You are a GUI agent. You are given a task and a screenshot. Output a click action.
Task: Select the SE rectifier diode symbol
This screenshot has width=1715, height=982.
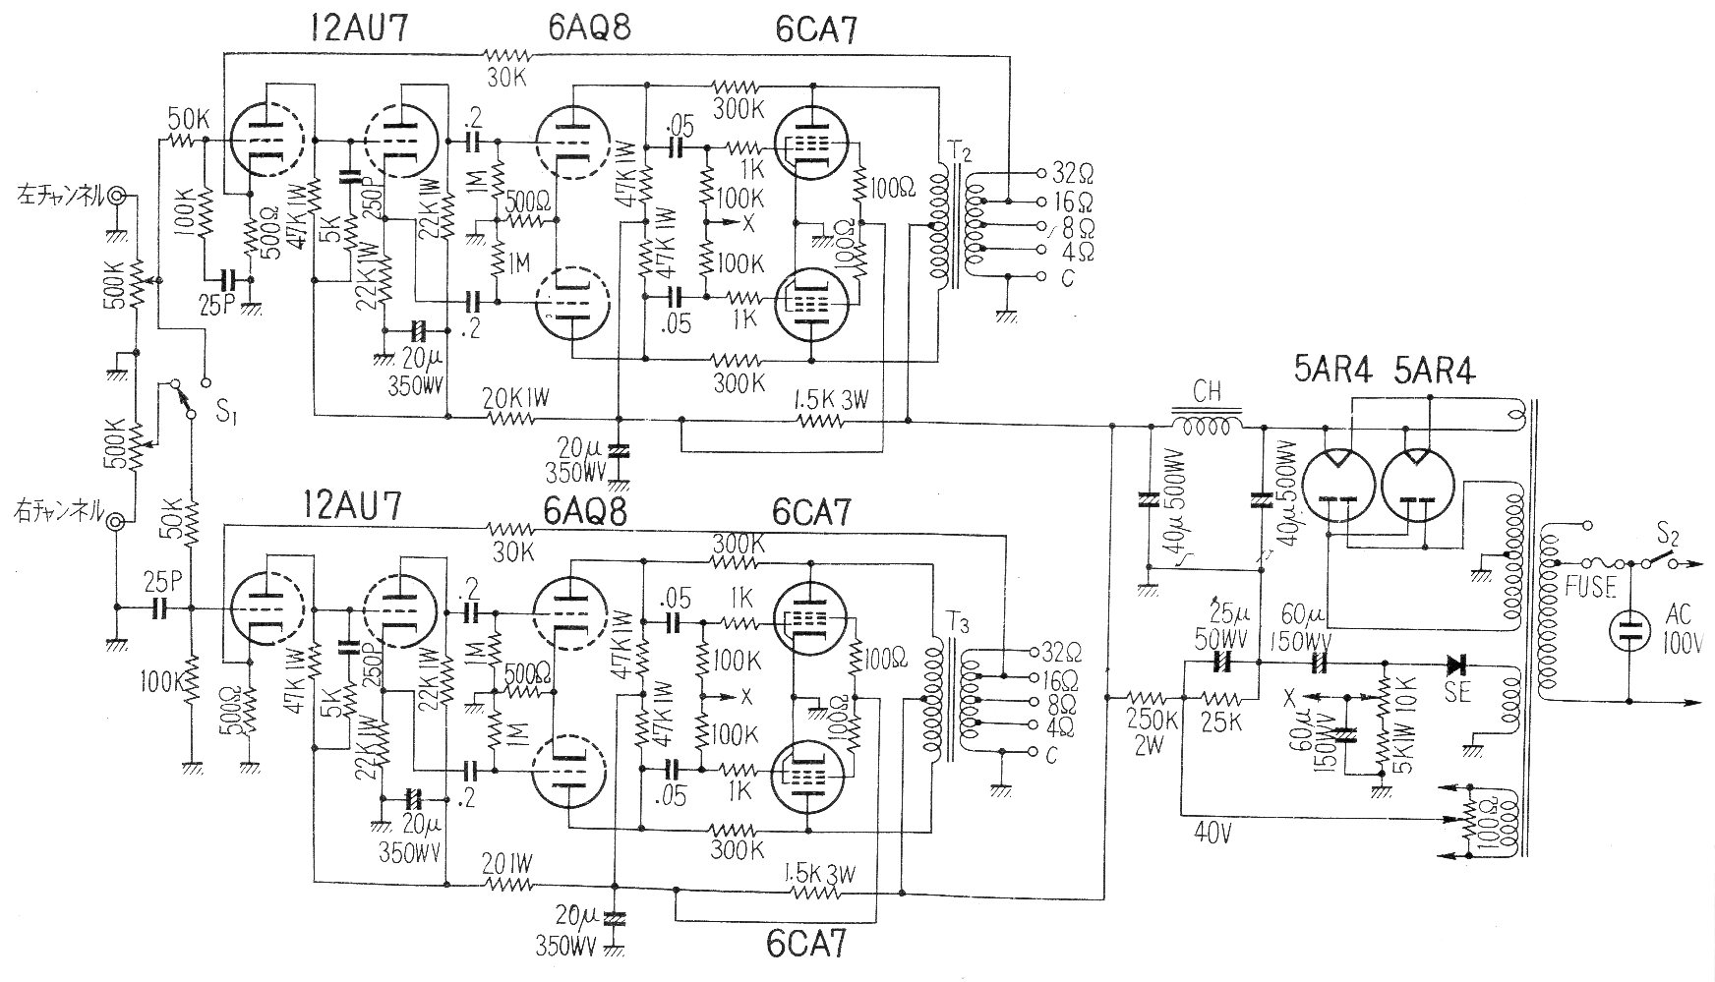[x=1457, y=663]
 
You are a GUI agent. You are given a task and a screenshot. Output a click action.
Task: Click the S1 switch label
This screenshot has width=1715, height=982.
[x=226, y=413]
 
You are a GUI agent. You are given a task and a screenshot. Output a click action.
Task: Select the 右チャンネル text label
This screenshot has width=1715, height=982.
[x=56, y=509]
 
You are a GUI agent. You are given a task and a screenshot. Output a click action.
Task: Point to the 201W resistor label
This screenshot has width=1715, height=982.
[x=509, y=865]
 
